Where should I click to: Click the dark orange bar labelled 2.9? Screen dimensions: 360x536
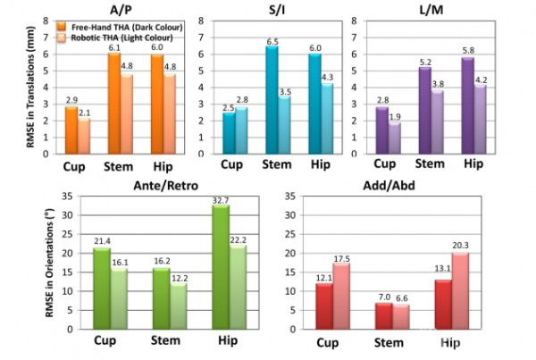(71, 133)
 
